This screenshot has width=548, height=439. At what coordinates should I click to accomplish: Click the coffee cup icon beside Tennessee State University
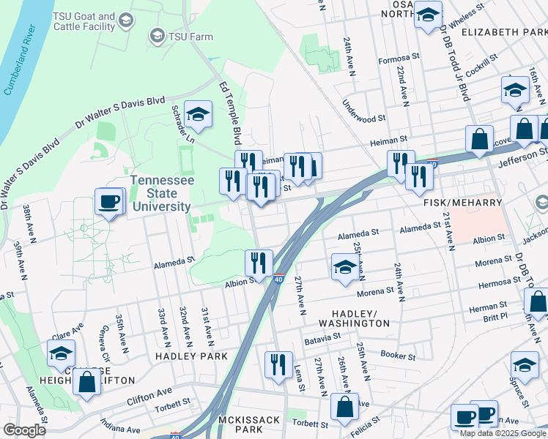coord(109,201)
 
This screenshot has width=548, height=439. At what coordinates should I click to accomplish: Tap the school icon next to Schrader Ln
coord(198,113)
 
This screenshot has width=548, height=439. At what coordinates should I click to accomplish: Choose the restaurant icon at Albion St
coord(259,262)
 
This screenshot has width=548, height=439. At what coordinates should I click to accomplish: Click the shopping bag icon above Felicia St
coord(344,407)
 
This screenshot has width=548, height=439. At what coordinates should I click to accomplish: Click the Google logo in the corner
coord(25,430)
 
